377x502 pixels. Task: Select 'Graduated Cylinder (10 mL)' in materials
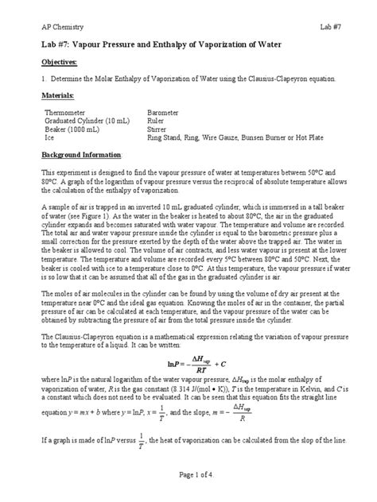point(89,121)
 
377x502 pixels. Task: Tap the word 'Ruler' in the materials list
point(157,121)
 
